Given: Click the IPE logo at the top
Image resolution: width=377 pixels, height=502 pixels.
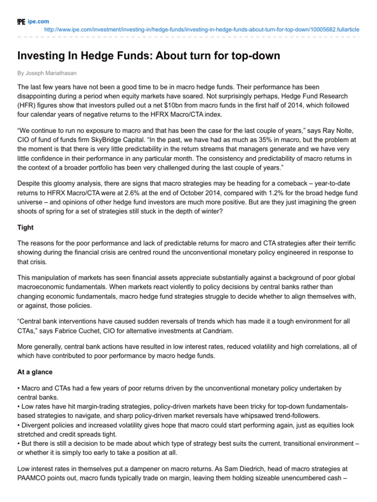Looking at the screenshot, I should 21,22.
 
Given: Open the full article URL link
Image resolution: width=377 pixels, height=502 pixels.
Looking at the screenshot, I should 201,29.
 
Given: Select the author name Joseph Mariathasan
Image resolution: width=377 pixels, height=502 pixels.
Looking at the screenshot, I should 50,73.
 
